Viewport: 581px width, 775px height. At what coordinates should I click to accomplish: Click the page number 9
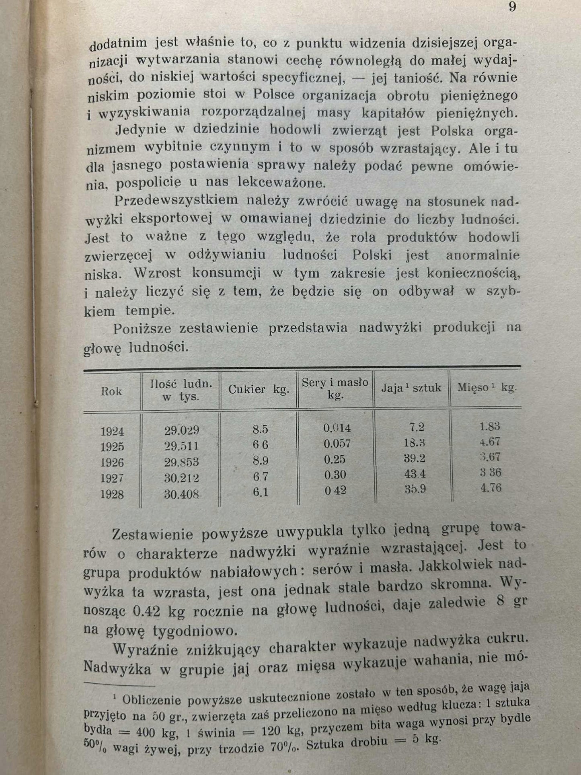512,7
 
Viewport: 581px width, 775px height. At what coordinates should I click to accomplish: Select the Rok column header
111,391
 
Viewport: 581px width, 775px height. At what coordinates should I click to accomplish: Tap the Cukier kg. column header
259,389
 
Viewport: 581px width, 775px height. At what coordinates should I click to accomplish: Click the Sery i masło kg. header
335,389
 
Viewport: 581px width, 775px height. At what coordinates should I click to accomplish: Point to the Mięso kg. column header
487,388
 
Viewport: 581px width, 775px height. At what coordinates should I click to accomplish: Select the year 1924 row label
112,432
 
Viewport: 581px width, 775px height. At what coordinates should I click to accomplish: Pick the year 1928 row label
112,494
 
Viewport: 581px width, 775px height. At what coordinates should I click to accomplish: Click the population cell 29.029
181,430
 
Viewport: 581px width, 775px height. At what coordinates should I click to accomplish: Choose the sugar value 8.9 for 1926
260,460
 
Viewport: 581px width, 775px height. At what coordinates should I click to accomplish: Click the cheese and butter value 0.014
337,428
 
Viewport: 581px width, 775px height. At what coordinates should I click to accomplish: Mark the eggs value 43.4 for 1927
415,474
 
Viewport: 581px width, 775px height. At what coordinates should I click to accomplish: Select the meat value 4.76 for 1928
491,488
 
